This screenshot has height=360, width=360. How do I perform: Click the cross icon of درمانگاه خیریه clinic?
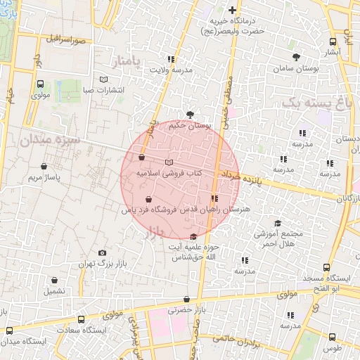pos(233,10)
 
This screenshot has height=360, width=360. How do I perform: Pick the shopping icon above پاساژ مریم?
pos(45,166)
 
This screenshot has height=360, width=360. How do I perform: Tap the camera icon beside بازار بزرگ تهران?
pos(103,252)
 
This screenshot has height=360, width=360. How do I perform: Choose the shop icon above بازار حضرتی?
pos(186,299)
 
